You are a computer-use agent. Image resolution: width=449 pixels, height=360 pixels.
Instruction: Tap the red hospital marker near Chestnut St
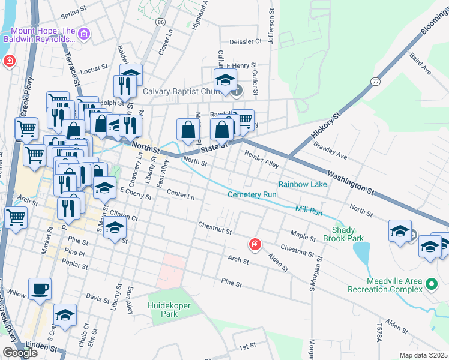(x=255, y=244)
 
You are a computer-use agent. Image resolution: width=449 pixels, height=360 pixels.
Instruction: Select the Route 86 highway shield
(x=160, y=22)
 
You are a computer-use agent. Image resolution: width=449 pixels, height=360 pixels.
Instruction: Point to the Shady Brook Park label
(x=349, y=233)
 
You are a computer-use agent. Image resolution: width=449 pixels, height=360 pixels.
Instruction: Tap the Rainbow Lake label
(x=303, y=184)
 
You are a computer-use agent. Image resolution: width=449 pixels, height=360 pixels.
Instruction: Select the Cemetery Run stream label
(x=252, y=194)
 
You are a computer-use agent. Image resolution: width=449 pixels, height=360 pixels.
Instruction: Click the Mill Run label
(x=309, y=210)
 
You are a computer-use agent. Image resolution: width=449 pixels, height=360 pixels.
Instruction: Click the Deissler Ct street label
(x=246, y=42)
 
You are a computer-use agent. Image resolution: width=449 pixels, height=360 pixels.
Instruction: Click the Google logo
(x=20, y=353)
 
